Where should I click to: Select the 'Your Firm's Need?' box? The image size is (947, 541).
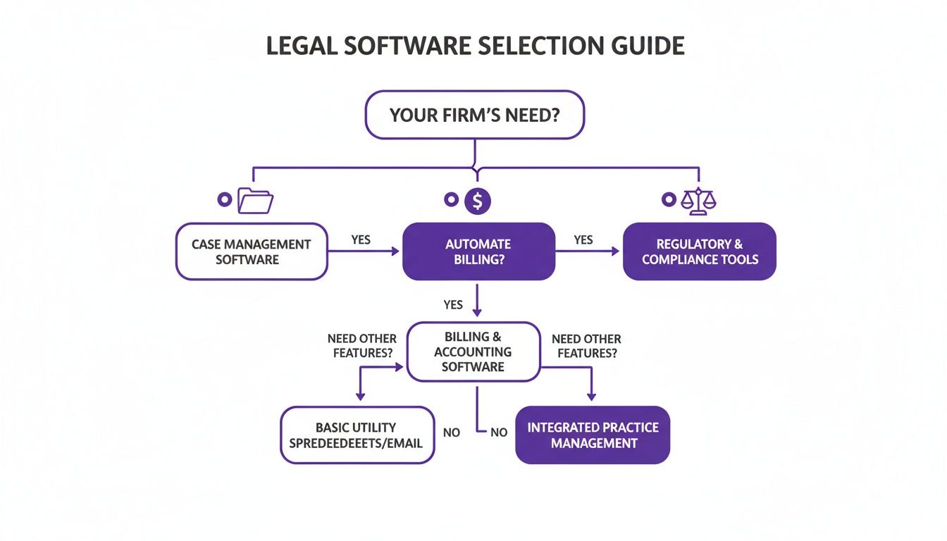coord(474,114)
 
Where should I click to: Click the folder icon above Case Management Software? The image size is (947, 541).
coord(255,201)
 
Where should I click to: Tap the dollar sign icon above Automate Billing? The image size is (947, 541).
coord(478,201)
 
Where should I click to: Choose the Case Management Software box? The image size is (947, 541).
coord(251,251)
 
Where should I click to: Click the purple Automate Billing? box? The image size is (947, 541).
coord(478,251)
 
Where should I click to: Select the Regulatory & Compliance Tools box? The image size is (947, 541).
coord(699,251)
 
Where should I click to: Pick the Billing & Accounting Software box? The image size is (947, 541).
coord(473,352)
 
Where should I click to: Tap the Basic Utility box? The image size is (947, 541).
coord(357,435)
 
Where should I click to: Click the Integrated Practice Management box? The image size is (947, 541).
coord(593,435)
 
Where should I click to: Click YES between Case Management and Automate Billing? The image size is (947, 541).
coord(361,240)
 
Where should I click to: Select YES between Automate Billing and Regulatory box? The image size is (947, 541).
coord(583,240)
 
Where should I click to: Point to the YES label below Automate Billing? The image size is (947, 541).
coord(453,304)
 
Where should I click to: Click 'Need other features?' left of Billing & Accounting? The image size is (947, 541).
coord(362,346)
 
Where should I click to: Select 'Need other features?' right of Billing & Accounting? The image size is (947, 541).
coord(586,346)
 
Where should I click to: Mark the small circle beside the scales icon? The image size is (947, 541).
coord(668,200)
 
